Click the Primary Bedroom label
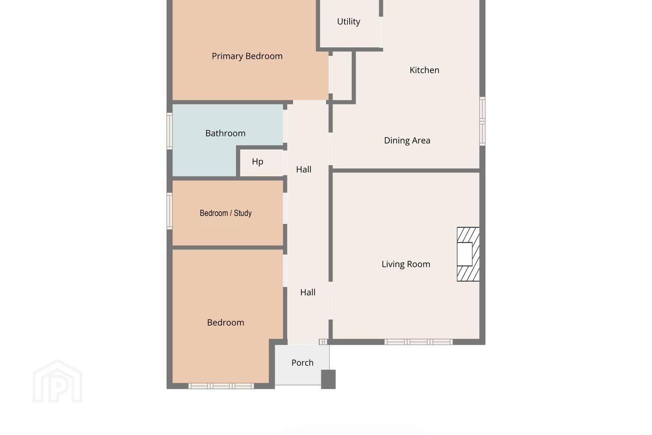pyautogui.click(x=247, y=56)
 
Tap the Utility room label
pyautogui.click(x=349, y=21)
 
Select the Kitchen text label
pyautogui.click(x=424, y=70)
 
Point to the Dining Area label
pyautogui.click(x=407, y=140)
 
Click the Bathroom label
pyautogui.click(x=225, y=133)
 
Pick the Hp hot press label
pyautogui.click(x=258, y=161)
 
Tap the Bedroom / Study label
pyautogui.click(x=225, y=213)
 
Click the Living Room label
pyautogui.click(x=406, y=264)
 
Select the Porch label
pyautogui.click(x=302, y=362)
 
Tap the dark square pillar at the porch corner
pyautogui.click(x=328, y=379)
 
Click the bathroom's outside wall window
pyautogui.click(x=169, y=131)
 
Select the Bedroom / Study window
pyautogui.click(x=169, y=211)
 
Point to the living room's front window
pyautogui.click(x=418, y=342)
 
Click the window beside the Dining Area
pyautogui.click(x=482, y=121)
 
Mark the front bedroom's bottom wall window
pyautogui.click(x=221, y=386)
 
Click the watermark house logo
pyautogui.click(x=58, y=381)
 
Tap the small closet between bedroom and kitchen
pyautogui.click(x=342, y=76)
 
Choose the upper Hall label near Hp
pyautogui.click(x=303, y=169)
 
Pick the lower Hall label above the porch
pyautogui.click(x=308, y=292)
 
